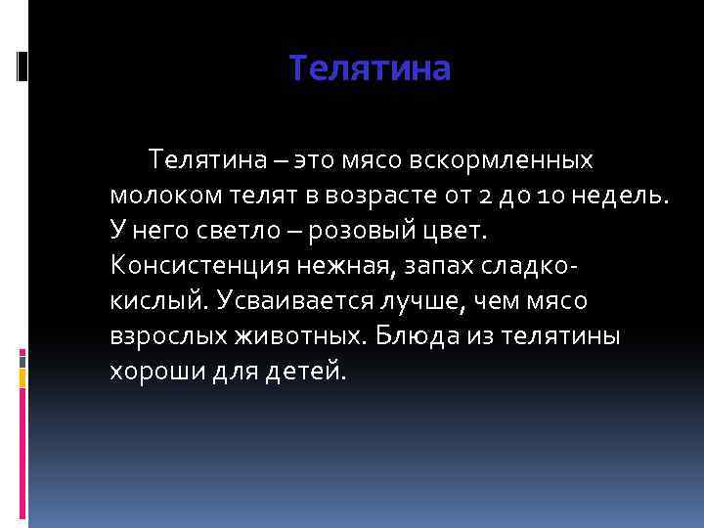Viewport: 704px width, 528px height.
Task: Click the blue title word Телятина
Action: [x=371, y=69]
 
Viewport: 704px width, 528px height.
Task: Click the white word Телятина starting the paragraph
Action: [x=205, y=158]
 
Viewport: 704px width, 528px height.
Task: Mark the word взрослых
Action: [x=168, y=335]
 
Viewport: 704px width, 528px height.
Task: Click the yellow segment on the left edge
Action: [x=22, y=374]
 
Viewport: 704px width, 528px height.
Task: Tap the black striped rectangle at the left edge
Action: [x=22, y=65]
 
